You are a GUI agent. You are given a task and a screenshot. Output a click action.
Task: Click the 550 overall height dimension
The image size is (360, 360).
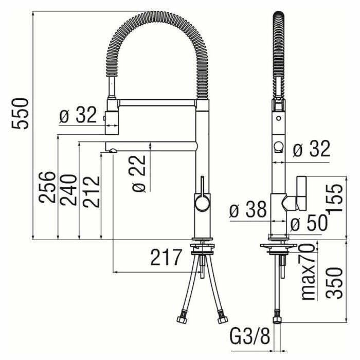[x=20, y=114]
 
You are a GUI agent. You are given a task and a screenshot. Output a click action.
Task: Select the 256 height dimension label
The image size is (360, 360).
[x=47, y=187]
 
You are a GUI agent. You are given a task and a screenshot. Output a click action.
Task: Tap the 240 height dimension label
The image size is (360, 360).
[x=68, y=190]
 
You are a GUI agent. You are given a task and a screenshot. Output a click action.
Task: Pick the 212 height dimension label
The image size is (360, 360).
[x=91, y=192]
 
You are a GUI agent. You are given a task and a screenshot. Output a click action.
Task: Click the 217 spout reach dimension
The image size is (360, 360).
[x=166, y=257]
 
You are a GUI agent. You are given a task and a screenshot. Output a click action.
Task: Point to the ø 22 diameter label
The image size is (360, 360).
[x=139, y=174]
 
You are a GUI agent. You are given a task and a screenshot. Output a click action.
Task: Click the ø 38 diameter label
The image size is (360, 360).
[x=248, y=209]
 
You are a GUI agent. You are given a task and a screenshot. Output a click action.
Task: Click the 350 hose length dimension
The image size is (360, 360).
[x=334, y=283]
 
